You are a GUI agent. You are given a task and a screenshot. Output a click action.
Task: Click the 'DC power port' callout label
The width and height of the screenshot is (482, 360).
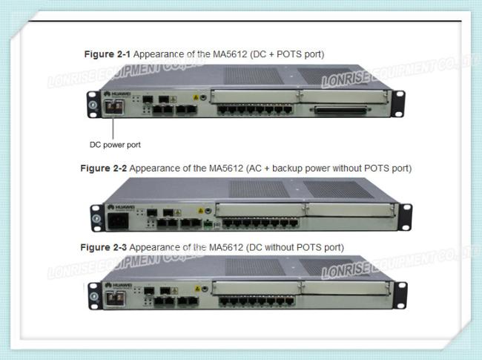coord(115,144)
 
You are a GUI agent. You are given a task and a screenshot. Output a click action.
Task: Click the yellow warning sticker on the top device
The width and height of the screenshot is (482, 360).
coord(196,96)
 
